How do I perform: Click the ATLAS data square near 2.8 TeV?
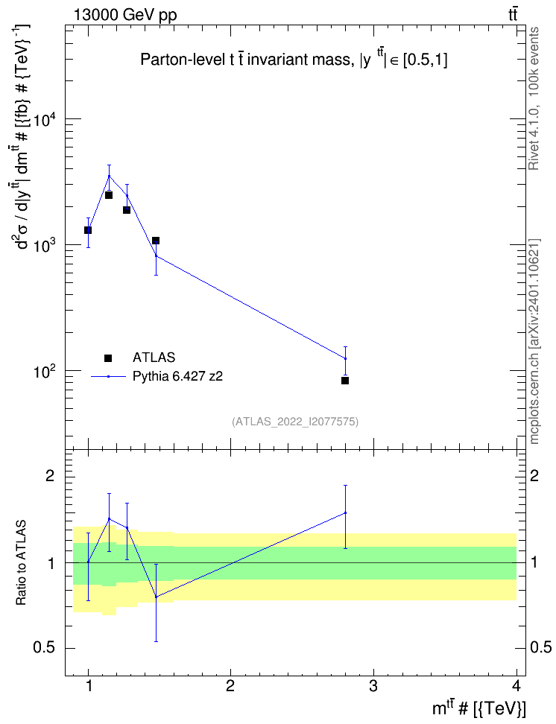345,381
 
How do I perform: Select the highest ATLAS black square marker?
109,195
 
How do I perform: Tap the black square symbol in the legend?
108,358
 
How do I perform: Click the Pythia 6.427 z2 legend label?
177,376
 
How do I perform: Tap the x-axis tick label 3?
373,686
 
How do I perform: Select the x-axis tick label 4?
516,686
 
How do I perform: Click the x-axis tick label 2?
230,686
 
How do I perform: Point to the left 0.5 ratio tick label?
45,648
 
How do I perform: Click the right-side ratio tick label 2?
534,475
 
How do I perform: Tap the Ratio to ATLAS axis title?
21,562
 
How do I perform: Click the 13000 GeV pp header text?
125,15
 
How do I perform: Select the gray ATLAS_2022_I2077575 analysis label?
295,421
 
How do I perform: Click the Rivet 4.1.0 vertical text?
534,98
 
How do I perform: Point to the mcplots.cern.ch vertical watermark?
534,341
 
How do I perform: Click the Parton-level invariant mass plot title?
294,60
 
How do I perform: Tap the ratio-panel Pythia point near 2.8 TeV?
345,512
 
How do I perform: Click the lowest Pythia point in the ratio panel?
157,597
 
